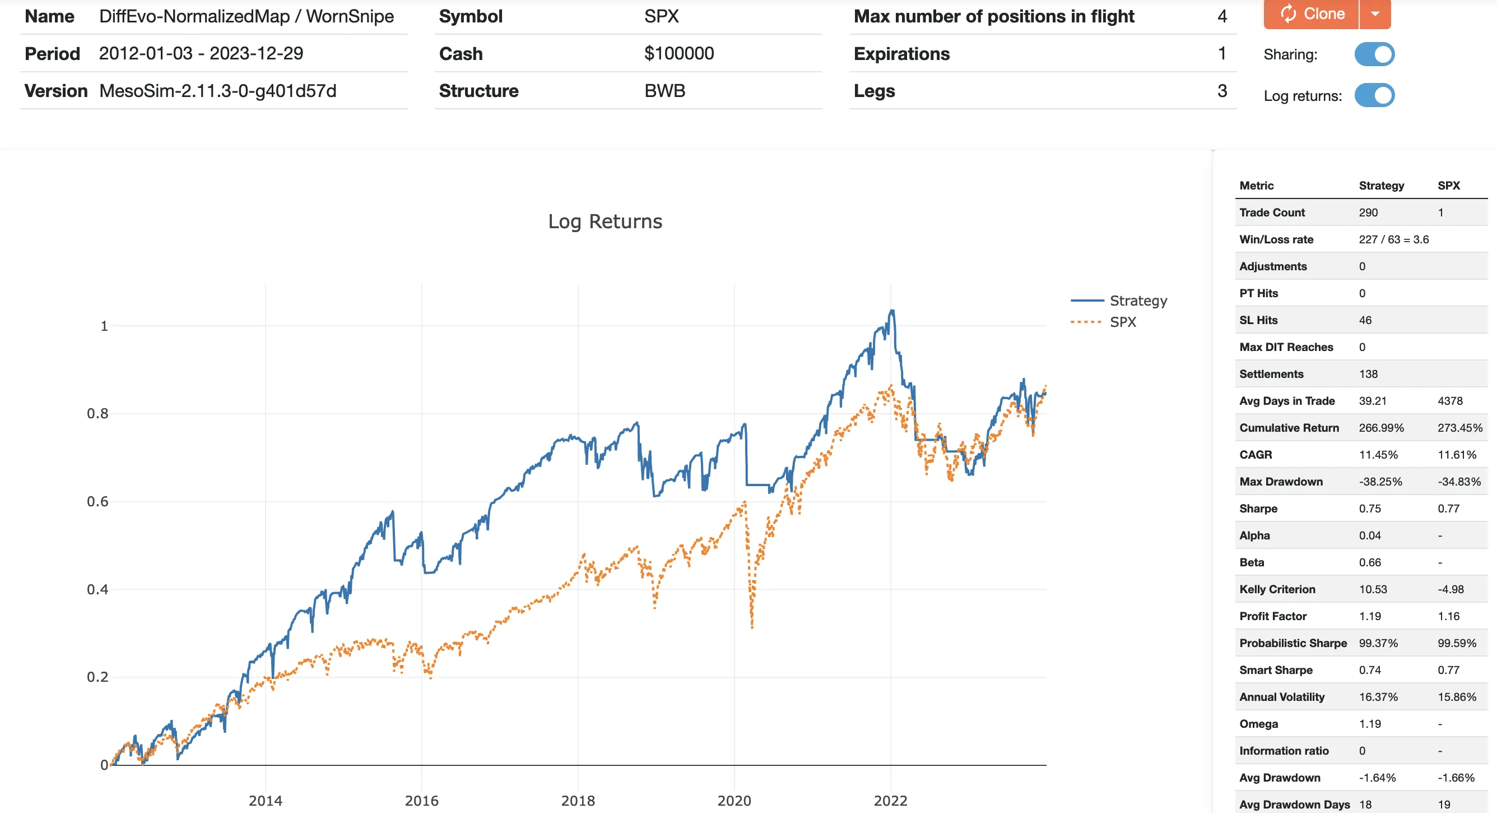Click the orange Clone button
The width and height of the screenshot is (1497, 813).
1311,13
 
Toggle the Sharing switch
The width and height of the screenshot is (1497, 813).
1374,54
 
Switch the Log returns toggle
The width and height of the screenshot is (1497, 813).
1374,95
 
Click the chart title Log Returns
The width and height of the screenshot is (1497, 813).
605,221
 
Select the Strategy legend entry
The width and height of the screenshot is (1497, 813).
1137,301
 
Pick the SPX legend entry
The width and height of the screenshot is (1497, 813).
1122,322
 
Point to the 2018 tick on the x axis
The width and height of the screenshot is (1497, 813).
578,801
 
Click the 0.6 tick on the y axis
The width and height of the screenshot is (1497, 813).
97,501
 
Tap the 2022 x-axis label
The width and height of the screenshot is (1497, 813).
890,801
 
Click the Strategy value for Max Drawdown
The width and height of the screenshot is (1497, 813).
1380,482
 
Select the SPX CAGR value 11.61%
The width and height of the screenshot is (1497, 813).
1457,455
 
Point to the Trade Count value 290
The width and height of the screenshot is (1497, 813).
1368,213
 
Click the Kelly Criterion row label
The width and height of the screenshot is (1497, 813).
1277,589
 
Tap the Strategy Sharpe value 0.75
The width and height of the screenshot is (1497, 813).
1370,509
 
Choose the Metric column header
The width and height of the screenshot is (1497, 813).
1256,186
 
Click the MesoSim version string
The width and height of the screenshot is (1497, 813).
217,91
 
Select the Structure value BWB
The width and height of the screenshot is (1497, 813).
665,91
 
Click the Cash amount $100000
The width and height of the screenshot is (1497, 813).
679,53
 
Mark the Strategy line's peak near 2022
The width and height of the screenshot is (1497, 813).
892,311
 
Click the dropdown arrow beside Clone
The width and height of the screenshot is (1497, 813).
1375,13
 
